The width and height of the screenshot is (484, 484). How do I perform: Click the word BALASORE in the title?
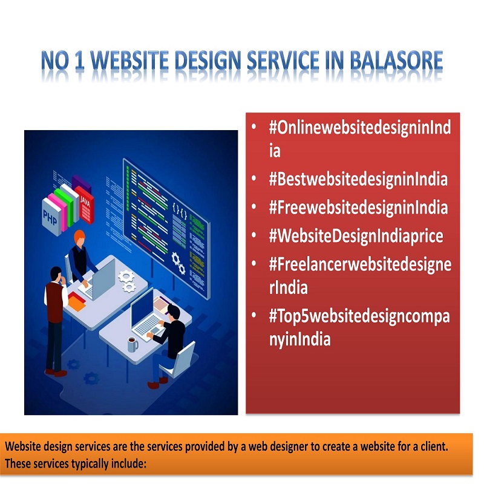point(396,60)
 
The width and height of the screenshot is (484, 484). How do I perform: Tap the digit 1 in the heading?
point(79,60)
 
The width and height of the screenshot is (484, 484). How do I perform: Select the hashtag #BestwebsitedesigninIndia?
point(358,179)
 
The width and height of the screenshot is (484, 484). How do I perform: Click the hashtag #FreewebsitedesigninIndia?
point(358,208)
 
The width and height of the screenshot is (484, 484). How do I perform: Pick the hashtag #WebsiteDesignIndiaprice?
point(356,236)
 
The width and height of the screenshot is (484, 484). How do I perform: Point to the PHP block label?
point(50,217)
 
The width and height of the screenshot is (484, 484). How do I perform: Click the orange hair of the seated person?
point(79,236)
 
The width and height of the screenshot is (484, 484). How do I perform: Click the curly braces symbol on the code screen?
point(179,210)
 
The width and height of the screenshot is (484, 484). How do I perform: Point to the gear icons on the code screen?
point(178,263)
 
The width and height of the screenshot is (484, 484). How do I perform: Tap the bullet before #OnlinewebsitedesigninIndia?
point(253,127)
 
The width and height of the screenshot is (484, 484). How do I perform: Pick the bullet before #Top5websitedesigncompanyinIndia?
point(253,315)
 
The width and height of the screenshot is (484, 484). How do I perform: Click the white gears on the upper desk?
point(127,281)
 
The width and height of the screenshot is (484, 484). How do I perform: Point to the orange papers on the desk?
point(76,301)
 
